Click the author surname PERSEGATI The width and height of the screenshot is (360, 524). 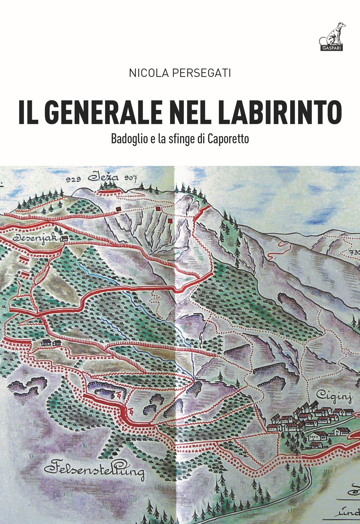click(202, 73)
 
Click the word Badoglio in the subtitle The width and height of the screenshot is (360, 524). click(129, 139)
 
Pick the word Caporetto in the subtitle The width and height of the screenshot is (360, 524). click(228, 139)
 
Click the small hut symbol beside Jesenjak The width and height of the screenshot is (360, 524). click(64, 239)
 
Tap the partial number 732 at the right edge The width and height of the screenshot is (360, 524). click(355, 252)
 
